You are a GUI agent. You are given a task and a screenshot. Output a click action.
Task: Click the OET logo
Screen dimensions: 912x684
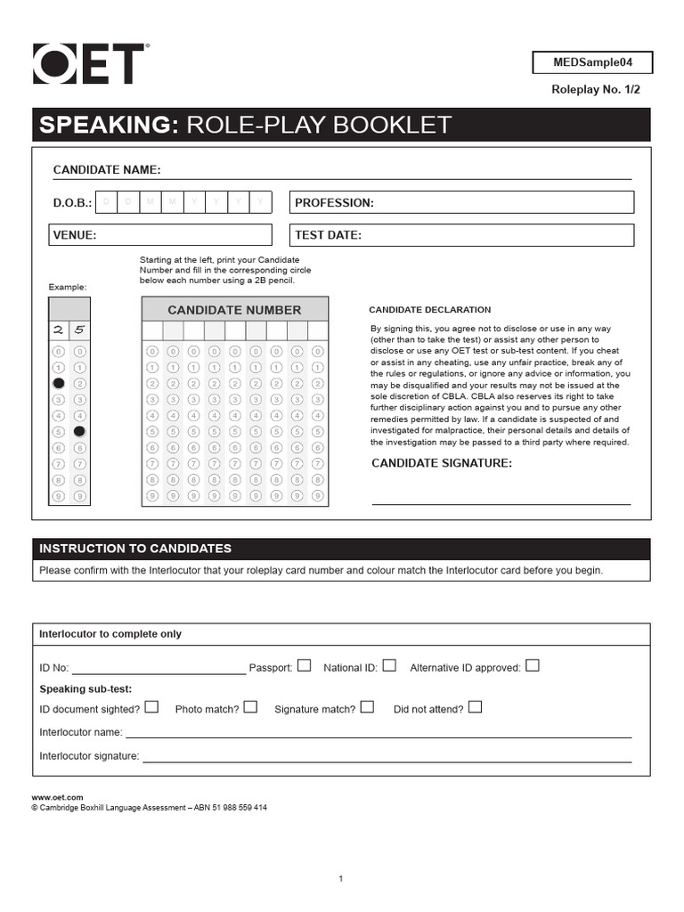click(x=89, y=65)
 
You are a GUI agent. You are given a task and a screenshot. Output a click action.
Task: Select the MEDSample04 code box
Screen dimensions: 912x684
click(x=592, y=63)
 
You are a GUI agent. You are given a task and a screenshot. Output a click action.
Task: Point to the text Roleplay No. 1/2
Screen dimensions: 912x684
click(x=596, y=90)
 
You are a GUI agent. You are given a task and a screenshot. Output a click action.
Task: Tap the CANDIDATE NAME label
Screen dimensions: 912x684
click(x=107, y=170)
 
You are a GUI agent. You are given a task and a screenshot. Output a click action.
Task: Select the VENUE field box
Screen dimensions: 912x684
click(x=160, y=235)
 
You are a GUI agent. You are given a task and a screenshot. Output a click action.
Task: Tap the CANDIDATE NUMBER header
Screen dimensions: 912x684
click(x=235, y=310)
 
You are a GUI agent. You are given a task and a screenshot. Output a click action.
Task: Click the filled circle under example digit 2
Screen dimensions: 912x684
click(x=58, y=383)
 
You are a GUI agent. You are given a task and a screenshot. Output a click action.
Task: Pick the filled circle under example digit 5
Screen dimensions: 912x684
click(x=79, y=431)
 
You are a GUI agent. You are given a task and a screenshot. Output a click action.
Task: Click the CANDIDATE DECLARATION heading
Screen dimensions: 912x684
click(x=429, y=310)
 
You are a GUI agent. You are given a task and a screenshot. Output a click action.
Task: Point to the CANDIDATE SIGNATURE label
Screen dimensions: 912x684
click(x=442, y=463)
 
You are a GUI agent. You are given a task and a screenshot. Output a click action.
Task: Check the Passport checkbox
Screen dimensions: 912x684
click(x=305, y=665)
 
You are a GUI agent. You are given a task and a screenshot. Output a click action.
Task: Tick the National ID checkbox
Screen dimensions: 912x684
click(x=389, y=665)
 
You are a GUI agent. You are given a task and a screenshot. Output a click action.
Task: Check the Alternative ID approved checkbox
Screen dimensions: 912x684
click(x=533, y=665)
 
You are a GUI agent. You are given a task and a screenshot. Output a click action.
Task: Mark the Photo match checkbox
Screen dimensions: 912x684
click(x=250, y=707)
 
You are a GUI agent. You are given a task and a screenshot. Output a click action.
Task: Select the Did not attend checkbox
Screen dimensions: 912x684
click(x=475, y=707)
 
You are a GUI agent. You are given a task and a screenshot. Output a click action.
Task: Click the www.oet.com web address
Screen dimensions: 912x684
click(x=57, y=797)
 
